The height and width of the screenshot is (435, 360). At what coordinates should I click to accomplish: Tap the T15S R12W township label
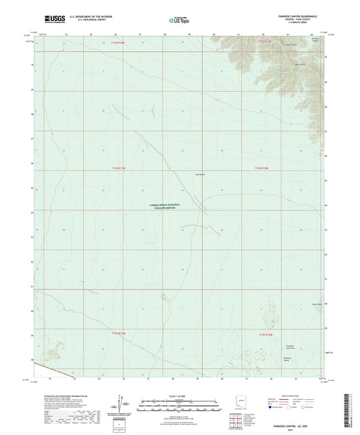pyautogui.click(x=265, y=334)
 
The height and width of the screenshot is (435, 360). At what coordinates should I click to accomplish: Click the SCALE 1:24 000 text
pyautogui.click(x=180, y=396)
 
